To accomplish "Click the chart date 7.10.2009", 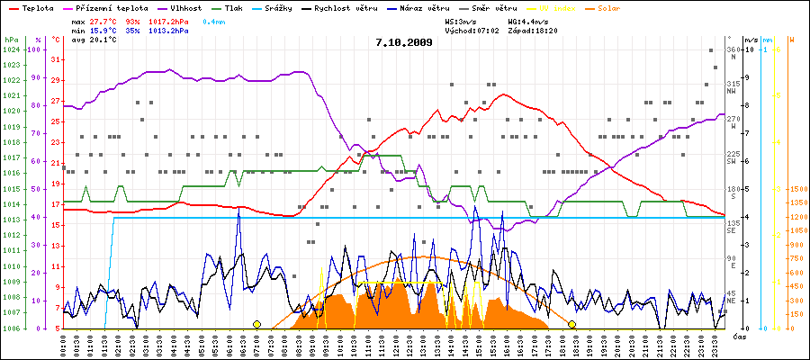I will coord(404,42).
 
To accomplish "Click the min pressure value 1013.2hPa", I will coord(169,30).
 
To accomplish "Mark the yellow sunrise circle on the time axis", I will coord(256,324).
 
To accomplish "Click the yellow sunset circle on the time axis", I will coord(571,324).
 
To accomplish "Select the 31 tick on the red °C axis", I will coord(56,59).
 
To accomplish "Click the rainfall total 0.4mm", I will coord(213,19).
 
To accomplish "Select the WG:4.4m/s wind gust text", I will coord(527,19).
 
